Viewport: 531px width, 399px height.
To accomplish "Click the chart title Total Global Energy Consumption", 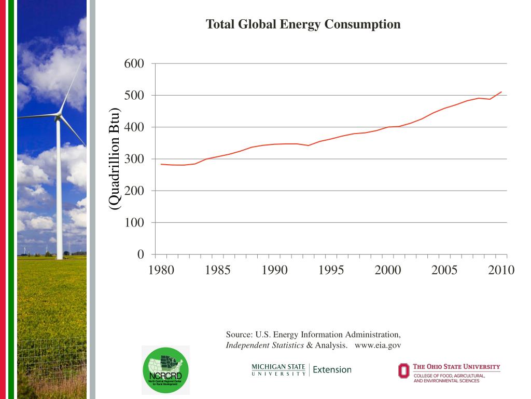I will tap(303, 24).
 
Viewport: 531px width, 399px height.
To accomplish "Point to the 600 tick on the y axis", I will tap(134, 63).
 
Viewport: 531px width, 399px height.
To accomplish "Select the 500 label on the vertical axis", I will tap(134, 96).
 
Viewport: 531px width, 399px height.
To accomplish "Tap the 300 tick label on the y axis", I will tap(134, 159).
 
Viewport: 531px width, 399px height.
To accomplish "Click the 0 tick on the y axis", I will tap(141, 255).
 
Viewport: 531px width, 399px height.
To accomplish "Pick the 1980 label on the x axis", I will tap(161, 270).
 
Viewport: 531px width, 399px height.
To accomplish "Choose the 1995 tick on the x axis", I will tap(331, 270).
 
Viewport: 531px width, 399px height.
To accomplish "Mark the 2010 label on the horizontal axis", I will tap(501, 270).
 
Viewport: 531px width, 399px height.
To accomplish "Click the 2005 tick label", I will tap(444, 270).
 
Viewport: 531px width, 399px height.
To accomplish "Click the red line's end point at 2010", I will tap(501, 92).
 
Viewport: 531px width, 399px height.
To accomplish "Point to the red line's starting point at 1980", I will tap(161, 164).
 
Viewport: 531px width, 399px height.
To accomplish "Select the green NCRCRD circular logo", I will tap(165, 370).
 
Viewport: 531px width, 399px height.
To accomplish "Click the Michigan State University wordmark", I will tap(278, 370).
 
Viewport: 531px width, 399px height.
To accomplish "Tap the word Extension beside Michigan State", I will tap(332, 370).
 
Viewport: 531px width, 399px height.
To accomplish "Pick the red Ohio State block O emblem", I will tap(403, 370).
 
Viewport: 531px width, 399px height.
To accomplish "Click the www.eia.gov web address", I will tap(378, 345).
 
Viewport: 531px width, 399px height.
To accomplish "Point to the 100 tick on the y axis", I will tap(134, 223).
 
